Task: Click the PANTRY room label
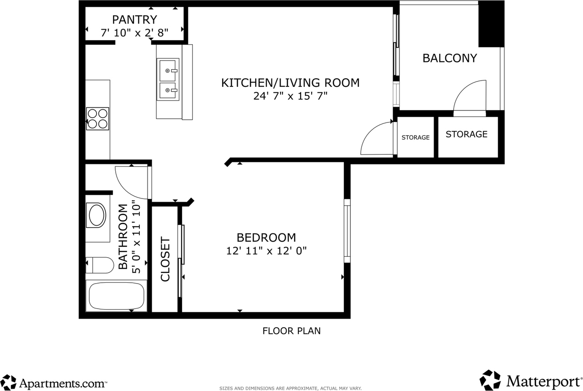point(134,20)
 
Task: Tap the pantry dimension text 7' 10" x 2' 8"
point(134,33)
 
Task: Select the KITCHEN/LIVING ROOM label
point(290,83)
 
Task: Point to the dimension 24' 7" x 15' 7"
point(290,96)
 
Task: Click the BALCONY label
point(450,58)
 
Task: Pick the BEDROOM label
point(266,238)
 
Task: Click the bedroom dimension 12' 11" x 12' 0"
point(266,251)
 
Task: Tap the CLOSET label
point(165,259)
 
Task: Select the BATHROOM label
point(123,237)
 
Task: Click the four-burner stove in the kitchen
point(97,119)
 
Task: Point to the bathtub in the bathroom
point(116,296)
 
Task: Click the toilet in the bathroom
point(100,265)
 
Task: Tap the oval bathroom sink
point(97,215)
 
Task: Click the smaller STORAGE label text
point(415,137)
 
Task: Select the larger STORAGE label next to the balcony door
point(466,134)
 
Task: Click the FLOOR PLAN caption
point(291,331)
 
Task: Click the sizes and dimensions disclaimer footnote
point(291,389)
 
